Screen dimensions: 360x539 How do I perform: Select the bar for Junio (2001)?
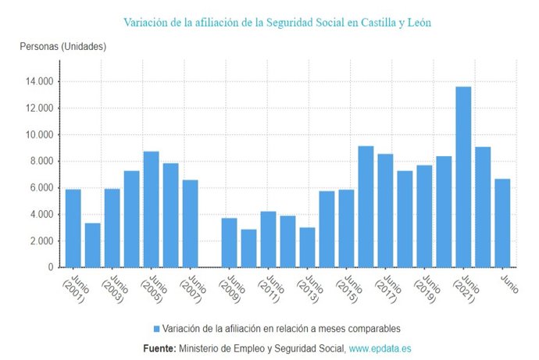(73, 228)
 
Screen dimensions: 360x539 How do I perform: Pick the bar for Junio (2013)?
(308, 247)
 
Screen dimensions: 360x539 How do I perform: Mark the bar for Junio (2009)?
(230, 242)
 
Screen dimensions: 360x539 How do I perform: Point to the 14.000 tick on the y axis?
(38, 81)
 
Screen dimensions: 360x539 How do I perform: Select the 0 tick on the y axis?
(51, 267)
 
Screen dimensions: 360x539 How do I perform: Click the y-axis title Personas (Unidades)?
(62, 47)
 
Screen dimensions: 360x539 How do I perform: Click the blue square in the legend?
(156, 329)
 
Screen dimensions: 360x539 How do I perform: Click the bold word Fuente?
(159, 347)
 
